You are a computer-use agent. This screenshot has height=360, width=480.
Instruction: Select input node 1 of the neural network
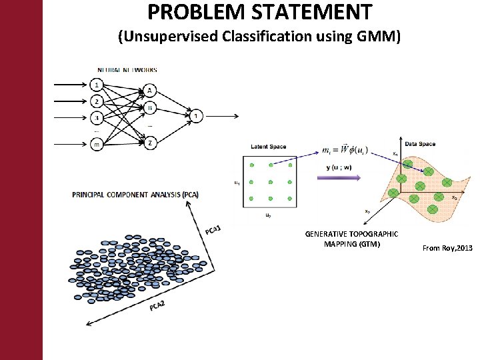coord(97,85)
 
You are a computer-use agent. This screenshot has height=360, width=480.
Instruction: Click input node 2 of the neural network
coord(97,101)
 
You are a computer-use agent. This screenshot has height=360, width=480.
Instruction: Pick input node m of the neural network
coord(97,142)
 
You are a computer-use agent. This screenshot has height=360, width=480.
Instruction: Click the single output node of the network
coord(195,115)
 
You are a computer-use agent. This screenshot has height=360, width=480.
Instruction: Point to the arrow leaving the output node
coord(220,115)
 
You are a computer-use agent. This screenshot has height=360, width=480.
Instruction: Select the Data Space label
coord(420,144)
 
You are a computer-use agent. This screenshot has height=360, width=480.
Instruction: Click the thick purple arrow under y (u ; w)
coord(339,177)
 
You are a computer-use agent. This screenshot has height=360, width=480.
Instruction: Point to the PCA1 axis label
coord(213,230)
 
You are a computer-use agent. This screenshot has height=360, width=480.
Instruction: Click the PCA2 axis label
coord(158,305)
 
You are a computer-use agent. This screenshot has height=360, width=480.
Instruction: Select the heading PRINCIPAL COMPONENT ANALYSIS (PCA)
coord(135,195)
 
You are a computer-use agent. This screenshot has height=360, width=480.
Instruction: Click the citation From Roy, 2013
coord(447,248)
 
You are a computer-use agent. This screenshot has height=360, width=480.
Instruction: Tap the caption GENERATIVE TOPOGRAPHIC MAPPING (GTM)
coord(351,239)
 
